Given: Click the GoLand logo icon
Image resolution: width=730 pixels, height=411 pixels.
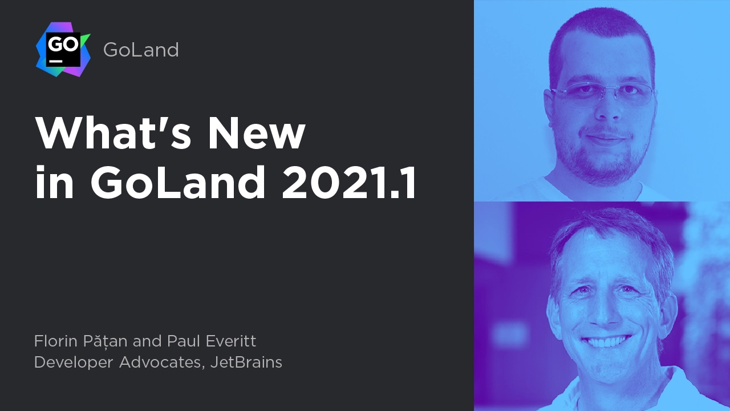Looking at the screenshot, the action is (x=63, y=50).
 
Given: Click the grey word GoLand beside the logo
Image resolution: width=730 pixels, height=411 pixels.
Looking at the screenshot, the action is (x=141, y=50).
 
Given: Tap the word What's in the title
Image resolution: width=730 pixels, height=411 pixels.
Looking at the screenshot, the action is (x=113, y=133).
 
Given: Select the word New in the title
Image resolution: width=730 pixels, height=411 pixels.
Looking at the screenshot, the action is (x=257, y=133).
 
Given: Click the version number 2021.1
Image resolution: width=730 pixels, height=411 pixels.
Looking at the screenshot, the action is (x=348, y=182).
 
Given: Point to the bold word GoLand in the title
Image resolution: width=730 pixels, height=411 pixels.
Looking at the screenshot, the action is (x=177, y=182).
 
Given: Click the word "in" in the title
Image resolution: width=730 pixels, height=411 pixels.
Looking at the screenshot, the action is (x=54, y=182).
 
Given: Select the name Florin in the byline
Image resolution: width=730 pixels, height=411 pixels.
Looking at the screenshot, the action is (x=56, y=341).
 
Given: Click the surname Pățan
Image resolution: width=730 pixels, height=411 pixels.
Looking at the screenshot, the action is (x=105, y=342).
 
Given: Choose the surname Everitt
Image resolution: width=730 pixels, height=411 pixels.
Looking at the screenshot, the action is (x=231, y=341).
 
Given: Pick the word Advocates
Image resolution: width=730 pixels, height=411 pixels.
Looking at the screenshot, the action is (x=161, y=362).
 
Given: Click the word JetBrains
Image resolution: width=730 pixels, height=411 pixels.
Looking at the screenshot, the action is (x=246, y=362).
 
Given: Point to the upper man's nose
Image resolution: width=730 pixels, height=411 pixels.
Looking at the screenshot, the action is (x=606, y=108).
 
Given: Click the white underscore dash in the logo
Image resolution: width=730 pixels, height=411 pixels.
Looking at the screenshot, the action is (x=55, y=61).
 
